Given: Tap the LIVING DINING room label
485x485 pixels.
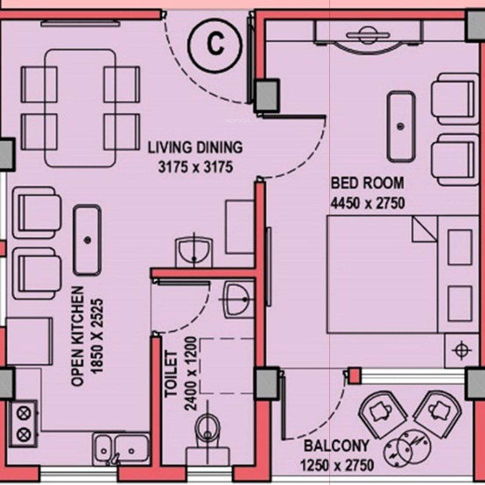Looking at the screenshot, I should (x=194, y=147).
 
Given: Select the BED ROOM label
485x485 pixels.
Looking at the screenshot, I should (x=367, y=184).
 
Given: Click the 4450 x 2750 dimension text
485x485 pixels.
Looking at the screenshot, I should (x=368, y=201).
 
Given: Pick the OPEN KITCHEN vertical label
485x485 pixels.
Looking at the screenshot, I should (x=78, y=336).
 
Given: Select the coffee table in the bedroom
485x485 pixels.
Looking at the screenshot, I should (x=403, y=124).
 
